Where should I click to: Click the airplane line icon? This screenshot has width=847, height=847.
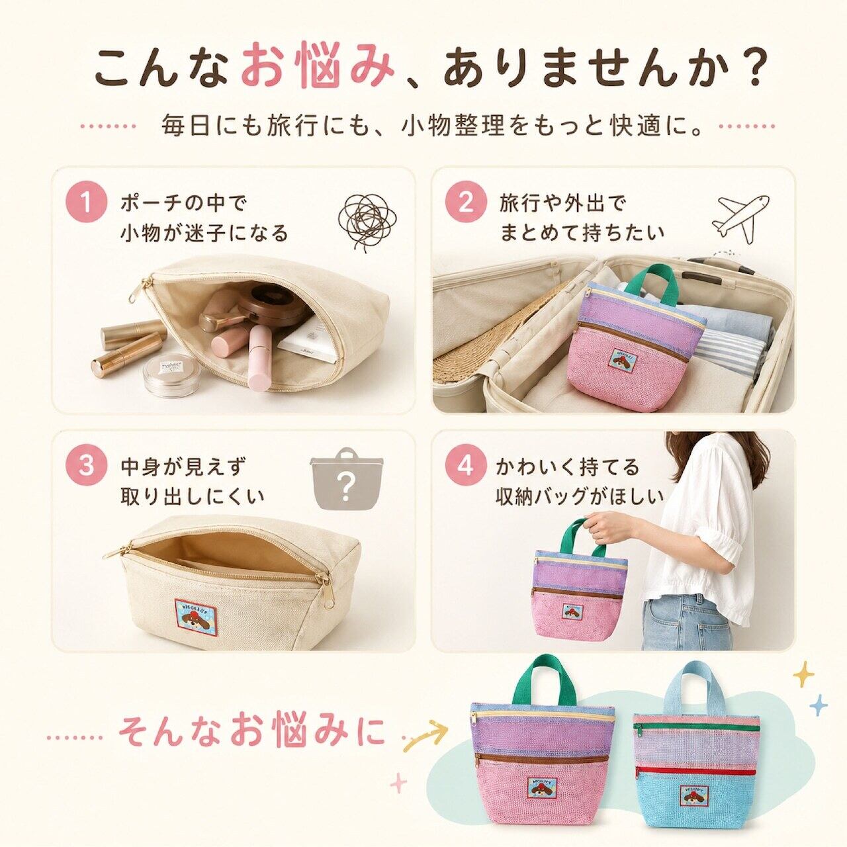click(741, 219)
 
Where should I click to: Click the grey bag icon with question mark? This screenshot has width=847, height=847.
click(347, 478)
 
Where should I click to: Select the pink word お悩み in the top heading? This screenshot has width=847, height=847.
click(316, 69)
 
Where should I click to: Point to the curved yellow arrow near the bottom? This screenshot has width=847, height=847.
click(426, 735)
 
